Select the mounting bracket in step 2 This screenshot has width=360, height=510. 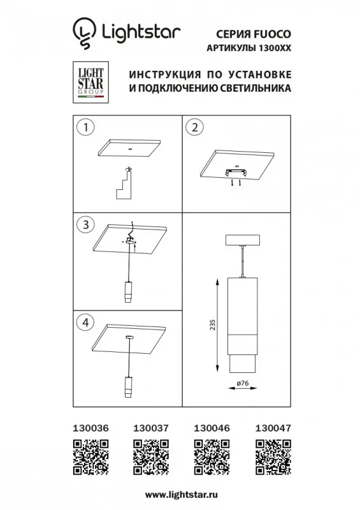tap(236, 172)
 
